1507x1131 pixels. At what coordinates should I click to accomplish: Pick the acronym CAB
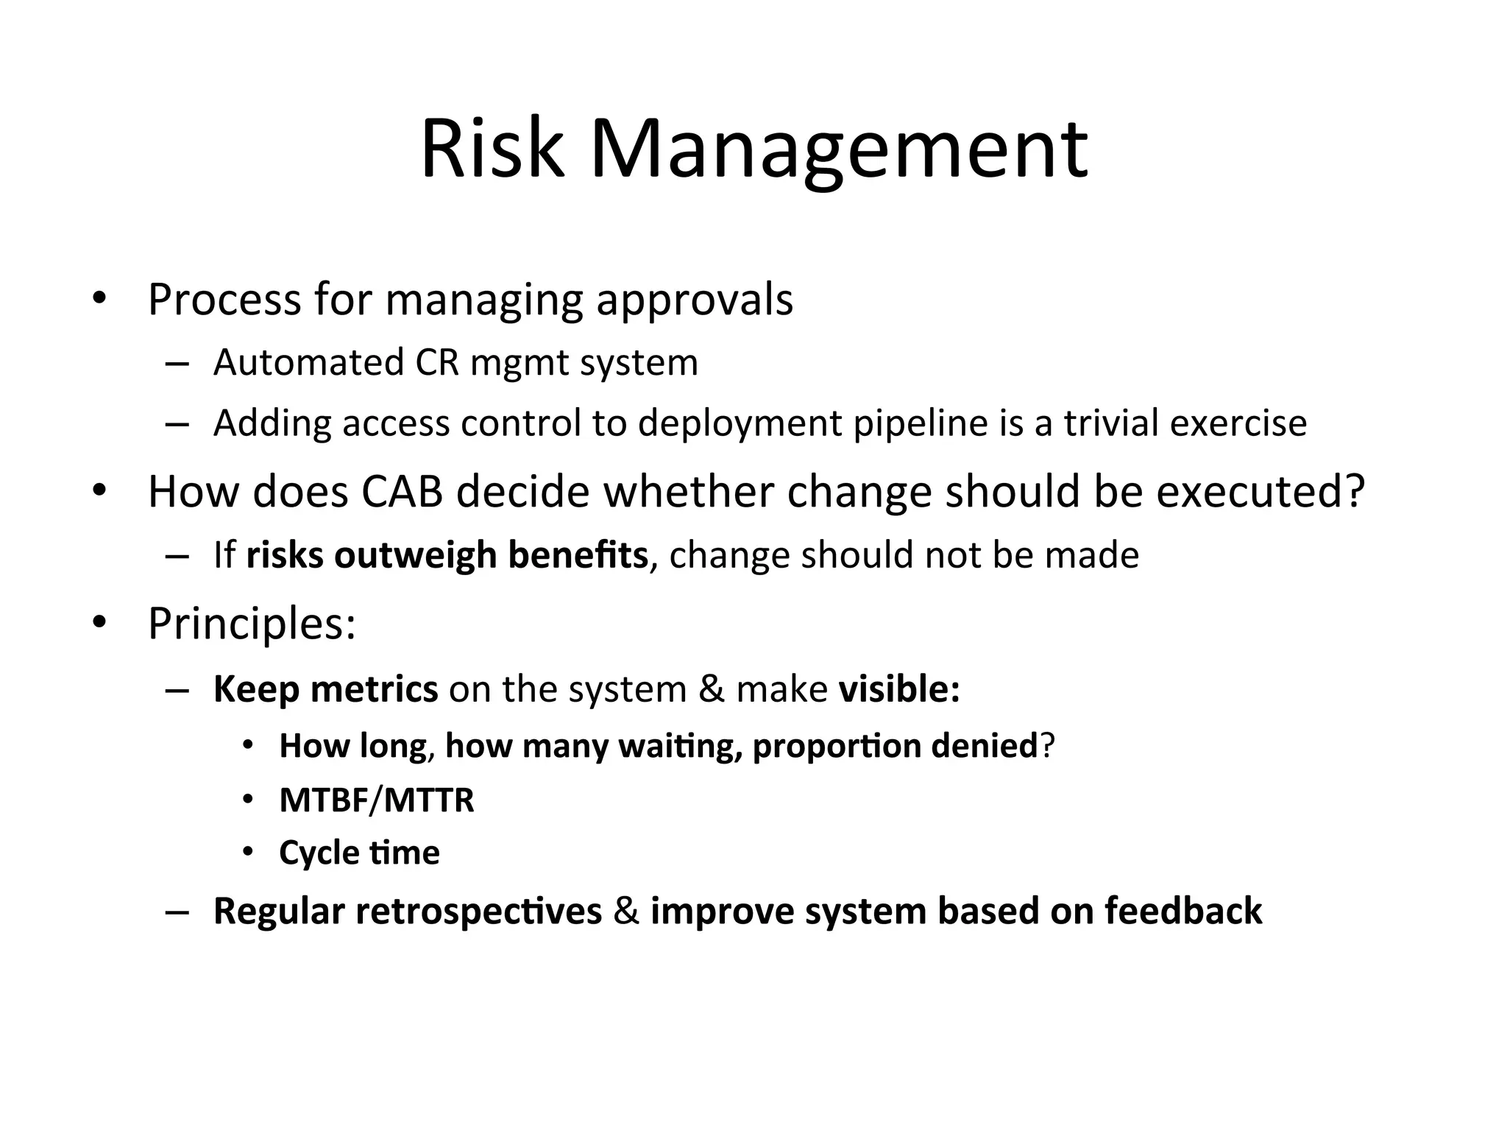[402, 492]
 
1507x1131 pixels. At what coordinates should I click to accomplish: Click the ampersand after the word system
[711, 690]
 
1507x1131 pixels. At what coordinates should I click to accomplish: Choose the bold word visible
[898, 690]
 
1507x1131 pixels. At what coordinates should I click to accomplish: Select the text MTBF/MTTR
[377, 800]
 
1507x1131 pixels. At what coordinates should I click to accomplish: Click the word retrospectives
[478, 912]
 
